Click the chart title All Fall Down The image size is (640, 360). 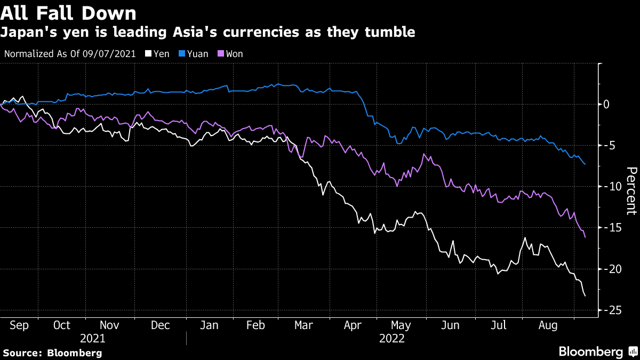point(68,12)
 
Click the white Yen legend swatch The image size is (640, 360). point(149,54)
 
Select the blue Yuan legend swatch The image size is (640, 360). point(182,54)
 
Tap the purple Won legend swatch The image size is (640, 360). point(222,54)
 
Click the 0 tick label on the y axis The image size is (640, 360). point(606,104)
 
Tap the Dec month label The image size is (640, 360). point(160,325)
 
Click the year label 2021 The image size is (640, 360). point(92,339)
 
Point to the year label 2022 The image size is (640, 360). point(391,339)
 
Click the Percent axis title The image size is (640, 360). point(631,190)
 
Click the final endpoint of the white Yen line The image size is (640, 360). point(585,296)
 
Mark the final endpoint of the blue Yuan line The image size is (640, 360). point(585,164)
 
